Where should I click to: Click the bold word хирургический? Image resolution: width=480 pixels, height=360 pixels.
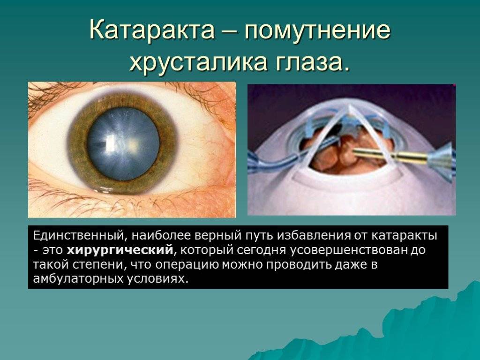click(x=120, y=250)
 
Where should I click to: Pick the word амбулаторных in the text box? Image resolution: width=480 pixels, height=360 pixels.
click(x=77, y=278)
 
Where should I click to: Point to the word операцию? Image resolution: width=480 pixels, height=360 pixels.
click(x=187, y=264)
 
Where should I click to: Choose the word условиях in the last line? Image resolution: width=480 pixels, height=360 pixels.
click(x=156, y=279)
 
